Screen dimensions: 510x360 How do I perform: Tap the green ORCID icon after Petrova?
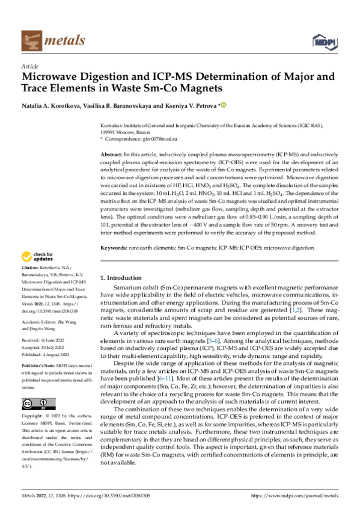224,106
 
